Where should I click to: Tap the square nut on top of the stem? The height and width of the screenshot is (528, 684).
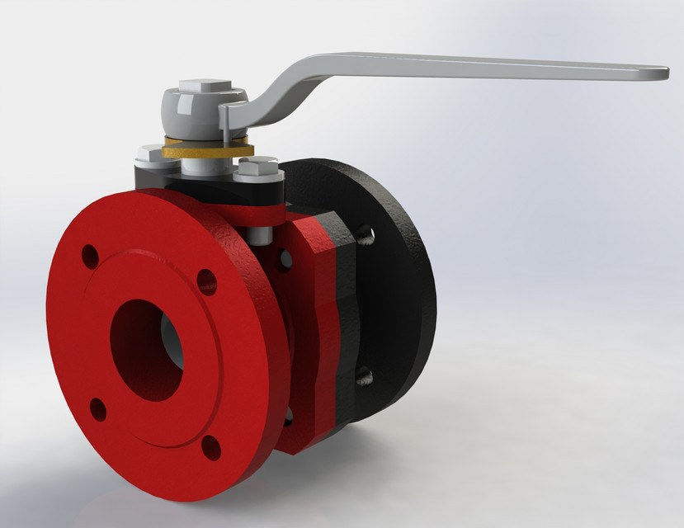tap(204, 85)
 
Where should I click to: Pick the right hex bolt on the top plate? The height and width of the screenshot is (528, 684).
tap(258, 169)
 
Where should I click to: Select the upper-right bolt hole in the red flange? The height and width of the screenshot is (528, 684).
tap(207, 281)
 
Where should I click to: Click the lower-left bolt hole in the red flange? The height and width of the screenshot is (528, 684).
tap(98, 409)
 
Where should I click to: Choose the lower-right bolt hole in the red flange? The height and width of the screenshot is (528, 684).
tap(211, 447)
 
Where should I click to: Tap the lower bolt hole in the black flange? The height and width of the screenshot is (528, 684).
tap(364, 377)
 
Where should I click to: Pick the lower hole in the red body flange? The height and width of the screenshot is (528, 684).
tap(287, 416)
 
